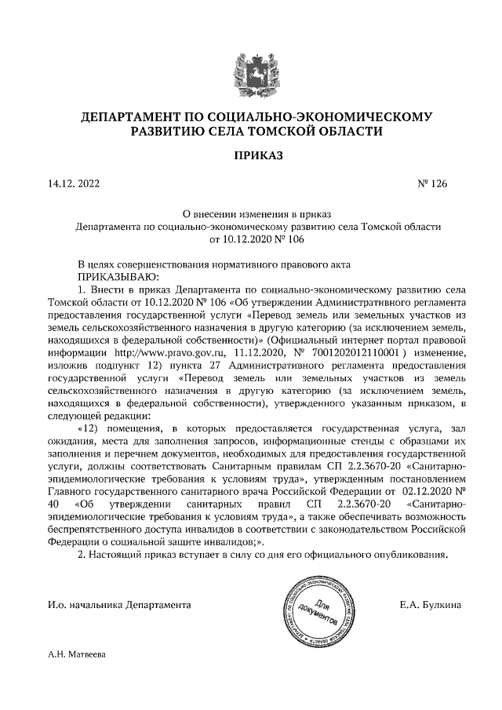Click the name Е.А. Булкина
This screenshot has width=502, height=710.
430,605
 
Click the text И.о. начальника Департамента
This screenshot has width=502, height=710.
118,605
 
